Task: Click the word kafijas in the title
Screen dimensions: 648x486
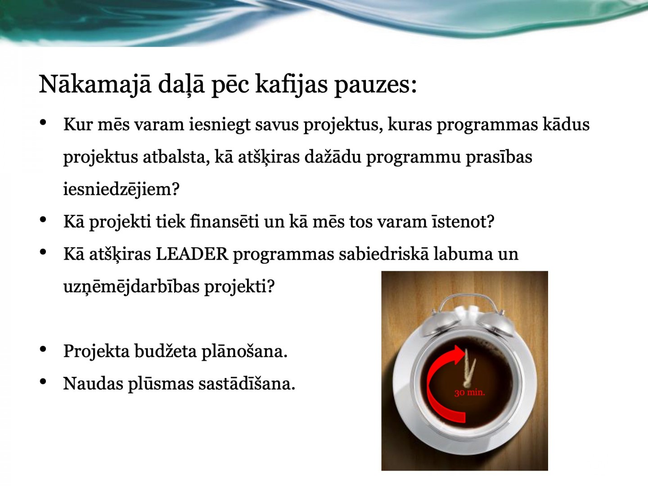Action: click(291, 85)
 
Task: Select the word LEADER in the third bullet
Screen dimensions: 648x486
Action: click(192, 254)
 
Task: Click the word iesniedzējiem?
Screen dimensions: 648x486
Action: click(121, 189)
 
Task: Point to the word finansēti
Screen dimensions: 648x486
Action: click(225, 221)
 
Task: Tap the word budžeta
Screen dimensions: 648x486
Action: click(166, 351)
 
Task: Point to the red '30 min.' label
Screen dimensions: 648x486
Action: click(469, 392)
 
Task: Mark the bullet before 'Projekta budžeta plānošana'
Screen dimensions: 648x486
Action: click(43, 349)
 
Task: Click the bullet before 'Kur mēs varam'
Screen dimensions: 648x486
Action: click(43, 122)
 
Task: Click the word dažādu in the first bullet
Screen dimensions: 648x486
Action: click(333, 157)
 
